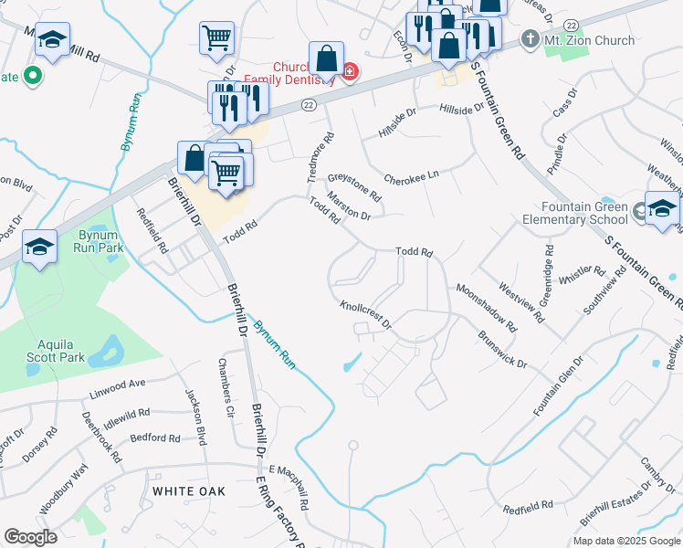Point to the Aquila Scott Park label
[x=61, y=350]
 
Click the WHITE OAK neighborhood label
[x=189, y=491]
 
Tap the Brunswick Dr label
[x=502, y=349]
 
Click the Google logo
[x=30, y=537]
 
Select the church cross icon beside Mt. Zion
[x=529, y=40]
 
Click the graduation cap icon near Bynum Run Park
[x=39, y=247]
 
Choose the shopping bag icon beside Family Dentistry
[x=326, y=59]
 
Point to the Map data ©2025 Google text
[x=625, y=541]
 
